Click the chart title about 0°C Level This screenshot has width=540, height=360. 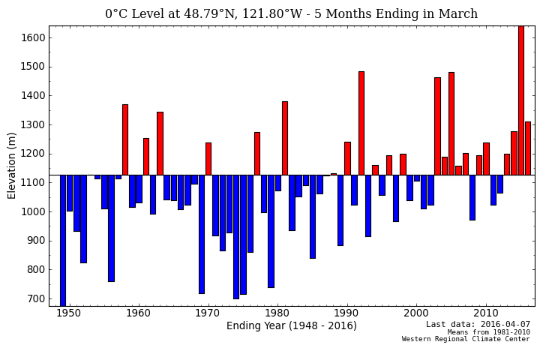click(x=291, y=14)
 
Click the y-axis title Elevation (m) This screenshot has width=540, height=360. click(x=12, y=165)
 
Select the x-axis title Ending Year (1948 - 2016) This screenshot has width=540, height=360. click(x=291, y=325)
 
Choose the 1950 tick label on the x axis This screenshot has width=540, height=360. click(x=68, y=313)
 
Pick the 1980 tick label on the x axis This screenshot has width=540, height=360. click(x=277, y=313)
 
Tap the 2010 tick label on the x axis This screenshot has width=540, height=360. click(x=486, y=313)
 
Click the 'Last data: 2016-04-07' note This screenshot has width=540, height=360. click(x=478, y=325)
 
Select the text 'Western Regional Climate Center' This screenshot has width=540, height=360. click(x=466, y=339)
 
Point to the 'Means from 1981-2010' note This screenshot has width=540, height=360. click(x=488, y=332)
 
